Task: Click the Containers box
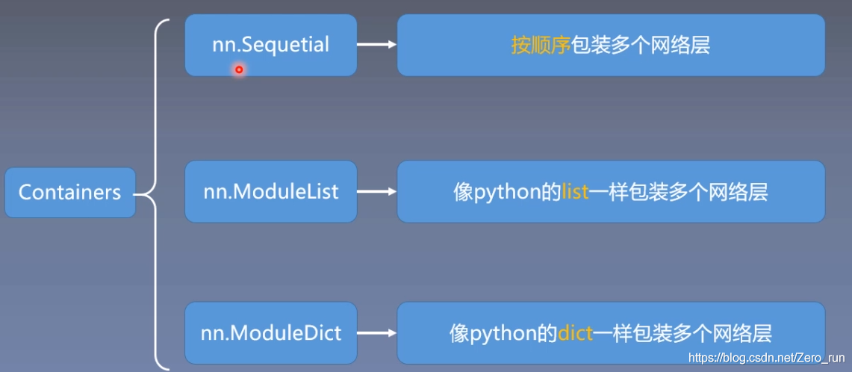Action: (x=69, y=193)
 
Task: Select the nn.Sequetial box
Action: (x=270, y=45)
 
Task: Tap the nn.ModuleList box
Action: (x=270, y=192)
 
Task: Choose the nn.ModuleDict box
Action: (x=270, y=332)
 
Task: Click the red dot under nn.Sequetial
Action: (x=239, y=70)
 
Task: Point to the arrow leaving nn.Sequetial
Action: (x=376, y=45)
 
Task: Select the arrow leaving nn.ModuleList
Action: (x=376, y=192)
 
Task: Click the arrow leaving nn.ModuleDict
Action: (x=376, y=333)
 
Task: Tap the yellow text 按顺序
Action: (x=541, y=46)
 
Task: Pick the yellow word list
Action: (x=575, y=192)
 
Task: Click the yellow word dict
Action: (x=575, y=333)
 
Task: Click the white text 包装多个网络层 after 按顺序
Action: (x=640, y=46)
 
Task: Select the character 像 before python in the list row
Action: (x=463, y=193)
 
